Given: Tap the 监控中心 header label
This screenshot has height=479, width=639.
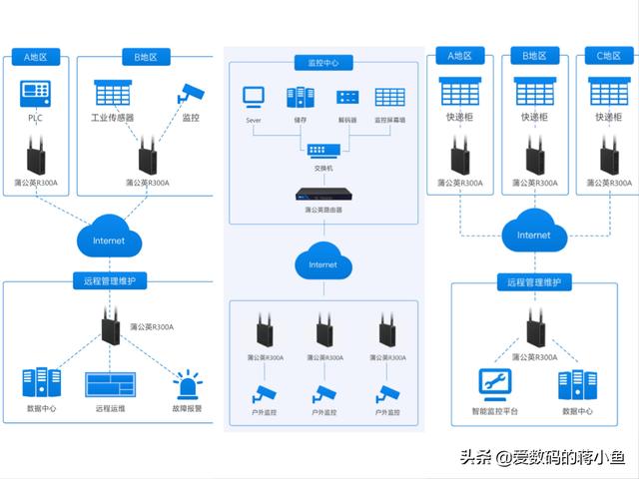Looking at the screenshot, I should point(322,62).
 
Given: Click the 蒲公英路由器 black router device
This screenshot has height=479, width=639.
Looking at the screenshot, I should point(322,197).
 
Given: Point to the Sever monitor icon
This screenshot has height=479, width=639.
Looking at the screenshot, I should point(254,98).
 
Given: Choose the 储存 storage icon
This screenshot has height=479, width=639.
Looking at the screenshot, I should point(300,98).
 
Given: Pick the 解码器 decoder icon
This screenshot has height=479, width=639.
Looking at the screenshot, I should point(346,98).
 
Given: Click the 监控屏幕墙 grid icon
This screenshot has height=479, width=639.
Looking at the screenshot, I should point(389,98).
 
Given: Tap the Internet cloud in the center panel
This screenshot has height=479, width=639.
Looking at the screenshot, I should point(322,264).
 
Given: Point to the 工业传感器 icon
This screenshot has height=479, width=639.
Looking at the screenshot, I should point(113,94).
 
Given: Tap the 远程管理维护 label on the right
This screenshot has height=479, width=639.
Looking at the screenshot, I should point(534,282).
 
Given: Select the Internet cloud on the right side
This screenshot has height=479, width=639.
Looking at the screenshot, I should point(533,235).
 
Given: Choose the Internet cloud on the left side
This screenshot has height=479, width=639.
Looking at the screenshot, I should point(109,239).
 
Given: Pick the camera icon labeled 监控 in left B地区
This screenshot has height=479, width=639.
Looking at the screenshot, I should point(190,93).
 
